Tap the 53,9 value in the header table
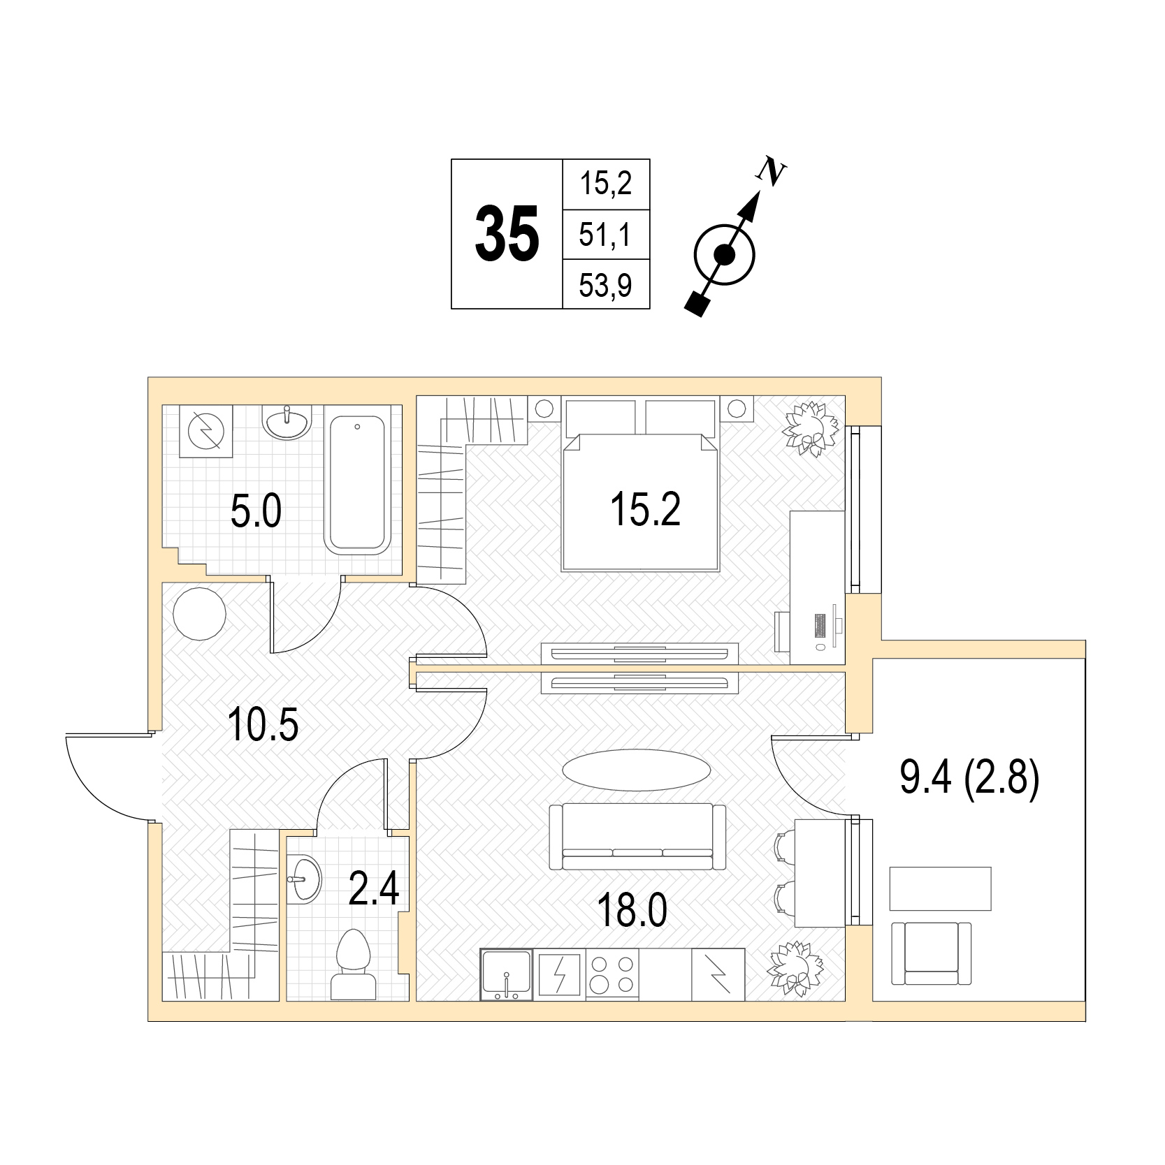606,285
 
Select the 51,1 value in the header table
606,235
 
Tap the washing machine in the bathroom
205,432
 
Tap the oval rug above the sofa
637,770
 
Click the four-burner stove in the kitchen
612,974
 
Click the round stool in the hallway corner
199,611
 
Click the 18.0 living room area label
633,910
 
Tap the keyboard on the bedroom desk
819,624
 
